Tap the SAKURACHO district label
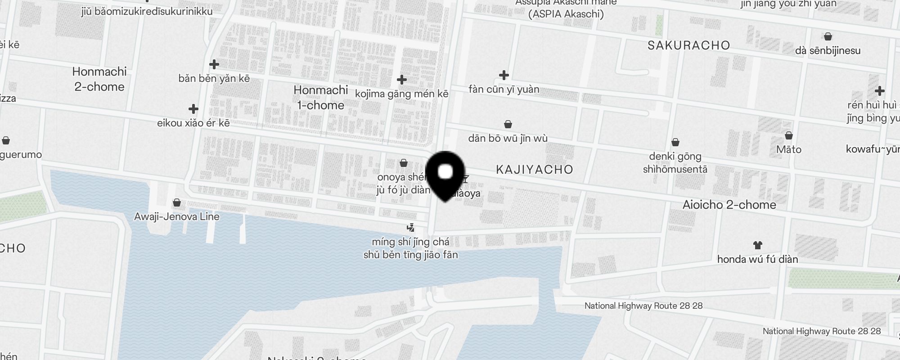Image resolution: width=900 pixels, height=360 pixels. point(688,45)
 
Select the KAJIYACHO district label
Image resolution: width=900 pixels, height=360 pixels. point(534,169)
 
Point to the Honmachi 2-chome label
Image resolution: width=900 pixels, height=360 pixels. point(99,79)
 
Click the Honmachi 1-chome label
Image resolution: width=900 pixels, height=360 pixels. point(320,97)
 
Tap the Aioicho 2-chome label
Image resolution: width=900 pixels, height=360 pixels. point(729,205)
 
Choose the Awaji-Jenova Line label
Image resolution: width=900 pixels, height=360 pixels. point(177,216)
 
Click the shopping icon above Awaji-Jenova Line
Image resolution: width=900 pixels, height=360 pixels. point(177,203)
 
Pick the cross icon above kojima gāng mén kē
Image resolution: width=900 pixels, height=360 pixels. point(401,80)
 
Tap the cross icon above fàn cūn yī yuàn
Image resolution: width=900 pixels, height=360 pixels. point(504,75)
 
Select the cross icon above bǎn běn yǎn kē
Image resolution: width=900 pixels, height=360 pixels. point(214,64)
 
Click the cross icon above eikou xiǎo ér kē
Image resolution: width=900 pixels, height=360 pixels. point(193,109)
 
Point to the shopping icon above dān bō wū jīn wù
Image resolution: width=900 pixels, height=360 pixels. point(508,124)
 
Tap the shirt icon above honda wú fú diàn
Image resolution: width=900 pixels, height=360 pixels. point(757,245)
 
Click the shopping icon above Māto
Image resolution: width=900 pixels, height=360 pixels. point(788,135)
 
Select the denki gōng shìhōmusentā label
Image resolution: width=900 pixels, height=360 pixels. point(675,162)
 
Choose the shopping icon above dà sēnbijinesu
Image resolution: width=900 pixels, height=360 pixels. point(828,36)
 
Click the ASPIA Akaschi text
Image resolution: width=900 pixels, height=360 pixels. point(566,14)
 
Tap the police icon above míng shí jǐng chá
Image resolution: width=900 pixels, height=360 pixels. point(410,228)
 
